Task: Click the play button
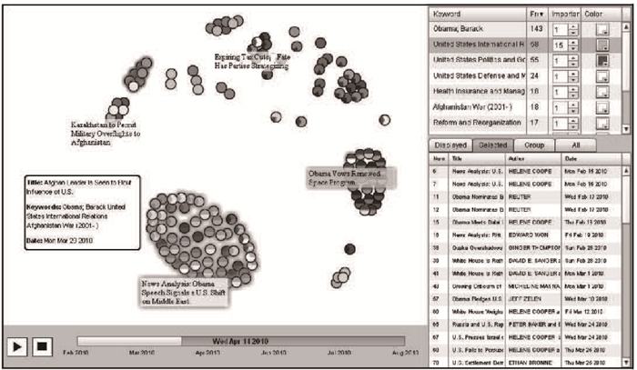pos(17,345)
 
